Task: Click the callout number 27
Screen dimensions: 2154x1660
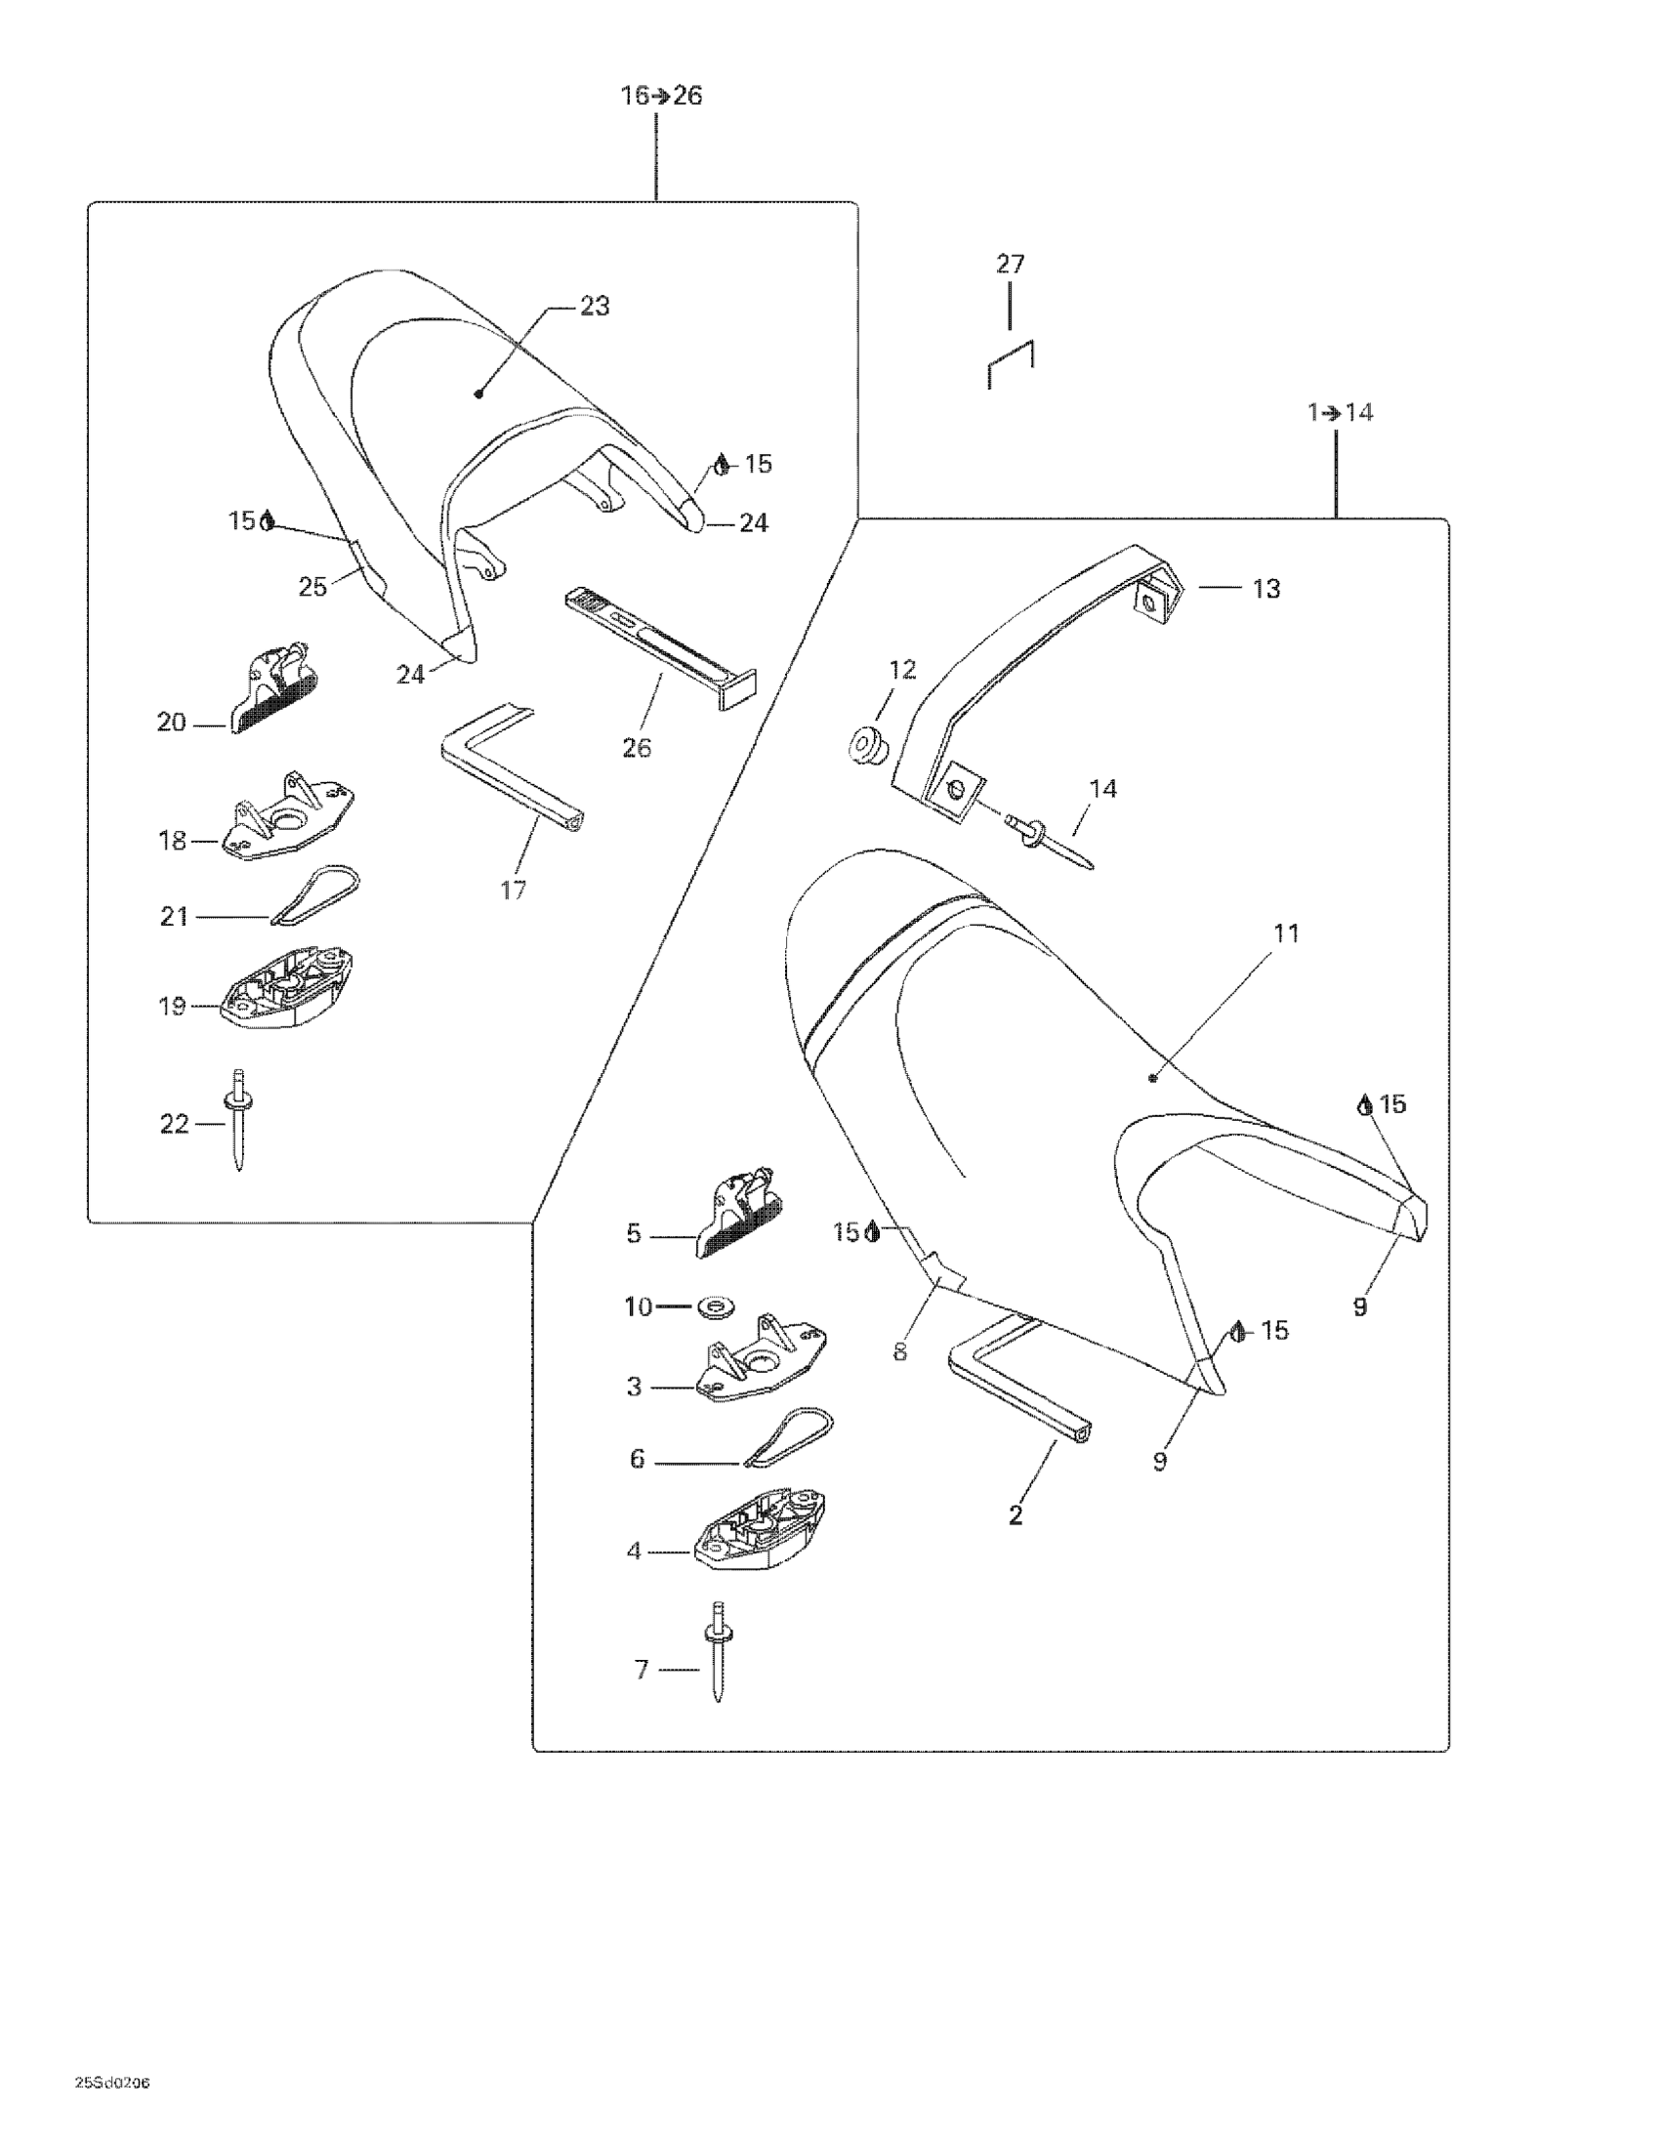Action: tap(1010, 265)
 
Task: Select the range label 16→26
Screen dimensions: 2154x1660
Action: tap(661, 96)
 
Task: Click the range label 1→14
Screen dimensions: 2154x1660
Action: tap(1341, 412)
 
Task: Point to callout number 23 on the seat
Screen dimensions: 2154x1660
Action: tap(594, 307)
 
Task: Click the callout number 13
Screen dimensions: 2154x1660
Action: tap(1266, 589)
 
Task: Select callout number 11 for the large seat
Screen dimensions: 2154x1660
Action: tap(1286, 933)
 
